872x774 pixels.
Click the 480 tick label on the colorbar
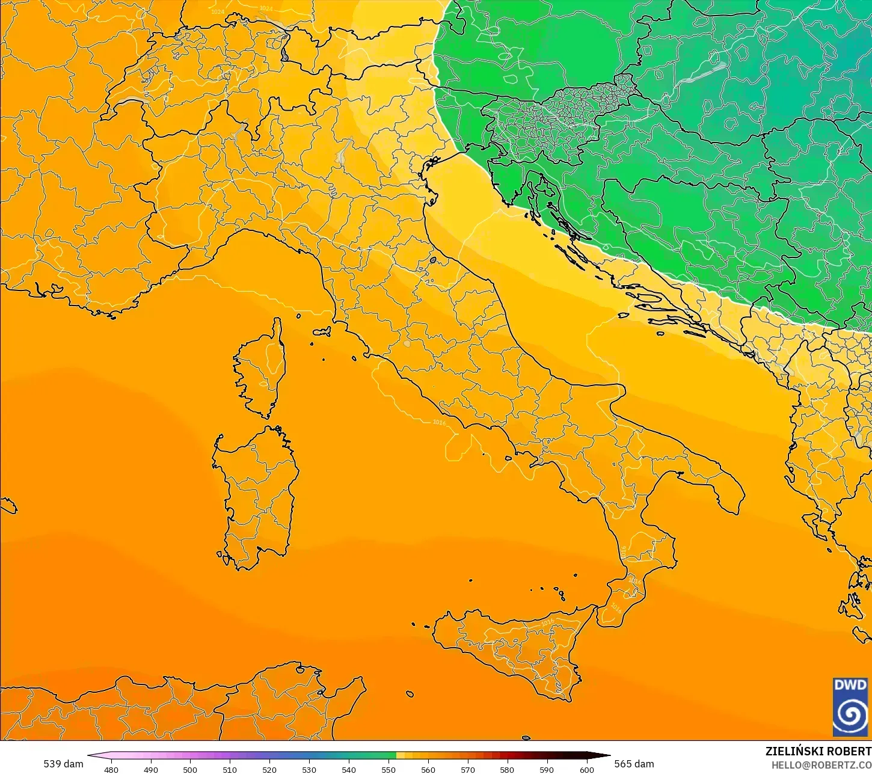[x=111, y=769]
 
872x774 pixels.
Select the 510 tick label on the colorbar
[x=230, y=769]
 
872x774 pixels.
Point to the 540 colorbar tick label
[x=349, y=769]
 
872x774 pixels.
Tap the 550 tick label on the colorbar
[x=388, y=769]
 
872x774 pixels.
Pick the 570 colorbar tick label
[x=468, y=769]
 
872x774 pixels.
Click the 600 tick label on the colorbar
[x=586, y=769]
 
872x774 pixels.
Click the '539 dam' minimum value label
[x=63, y=764]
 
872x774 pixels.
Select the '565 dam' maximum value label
[x=634, y=764]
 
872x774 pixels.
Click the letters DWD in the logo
[x=850, y=685]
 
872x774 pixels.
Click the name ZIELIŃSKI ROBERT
[x=818, y=751]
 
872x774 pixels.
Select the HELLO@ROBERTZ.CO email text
[x=821, y=765]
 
